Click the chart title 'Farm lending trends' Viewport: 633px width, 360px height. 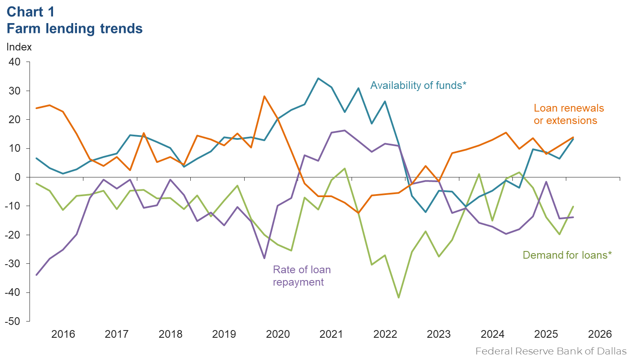(x=74, y=29)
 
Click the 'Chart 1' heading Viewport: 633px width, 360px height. (x=31, y=12)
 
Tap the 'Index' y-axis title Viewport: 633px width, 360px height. (x=19, y=47)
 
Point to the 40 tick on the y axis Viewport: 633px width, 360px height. (x=15, y=62)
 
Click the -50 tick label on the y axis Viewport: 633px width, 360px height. (x=13, y=322)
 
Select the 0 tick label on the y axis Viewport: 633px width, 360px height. (x=17, y=177)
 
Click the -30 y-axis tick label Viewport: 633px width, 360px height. (x=13, y=264)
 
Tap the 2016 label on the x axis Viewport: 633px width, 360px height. (x=63, y=334)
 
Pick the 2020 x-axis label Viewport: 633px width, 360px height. (x=278, y=334)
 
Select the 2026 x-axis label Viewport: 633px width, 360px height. (x=600, y=334)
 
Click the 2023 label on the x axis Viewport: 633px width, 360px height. (x=438, y=334)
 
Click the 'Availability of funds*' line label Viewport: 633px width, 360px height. (x=418, y=86)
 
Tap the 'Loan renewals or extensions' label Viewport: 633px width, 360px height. (x=568, y=114)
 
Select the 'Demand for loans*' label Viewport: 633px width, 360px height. (x=567, y=255)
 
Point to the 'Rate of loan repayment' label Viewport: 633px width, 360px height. (x=302, y=276)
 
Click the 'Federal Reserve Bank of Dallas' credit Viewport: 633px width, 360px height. (x=550, y=351)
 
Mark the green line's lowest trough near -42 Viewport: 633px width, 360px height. (x=399, y=298)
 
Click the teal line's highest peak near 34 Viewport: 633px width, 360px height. (x=318, y=78)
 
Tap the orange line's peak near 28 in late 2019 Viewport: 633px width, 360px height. (x=264, y=96)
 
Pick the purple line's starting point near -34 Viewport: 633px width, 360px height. (x=36, y=275)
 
